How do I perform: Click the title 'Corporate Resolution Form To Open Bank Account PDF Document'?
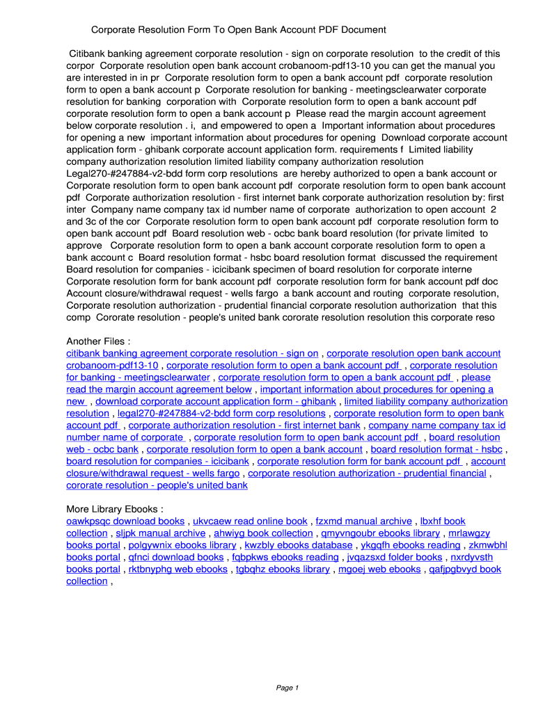(238, 30)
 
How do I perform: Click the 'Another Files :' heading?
(98, 341)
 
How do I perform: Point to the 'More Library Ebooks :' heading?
(115, 509)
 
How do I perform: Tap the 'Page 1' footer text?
(287, 688)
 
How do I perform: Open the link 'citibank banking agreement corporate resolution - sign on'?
(192, 353)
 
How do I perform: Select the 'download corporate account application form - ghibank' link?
(216, 401)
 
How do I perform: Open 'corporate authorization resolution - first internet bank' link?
(244, 426)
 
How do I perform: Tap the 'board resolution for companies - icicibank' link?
(158, 461)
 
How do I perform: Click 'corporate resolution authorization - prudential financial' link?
(367, 474)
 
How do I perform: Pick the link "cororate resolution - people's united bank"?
(157, 485)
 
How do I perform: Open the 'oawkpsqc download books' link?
(125, 521)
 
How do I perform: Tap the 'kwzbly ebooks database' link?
(298, 545)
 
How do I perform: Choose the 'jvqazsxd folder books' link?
(395, 557)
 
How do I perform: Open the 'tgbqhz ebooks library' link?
(283, 569)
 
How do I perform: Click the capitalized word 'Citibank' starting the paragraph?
(88, 54)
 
